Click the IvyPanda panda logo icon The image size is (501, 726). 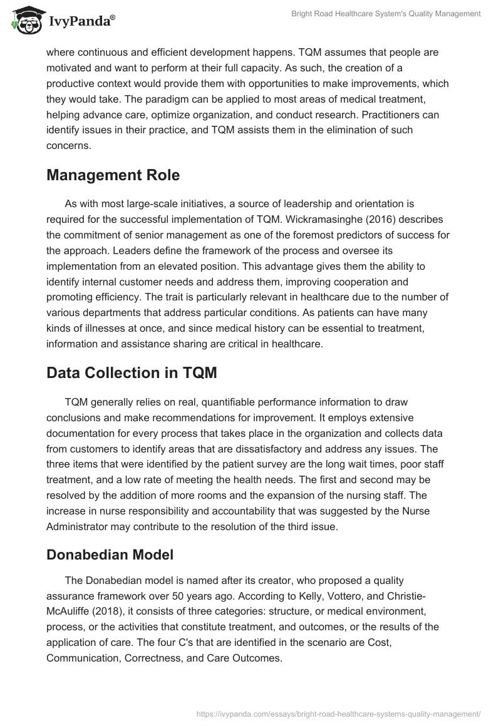pyautogui.click(x=25, y=21)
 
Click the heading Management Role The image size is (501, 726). pyautogui.click(x=113, y=175)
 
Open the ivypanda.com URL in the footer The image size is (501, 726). pyautogui.click(x=338, y=712)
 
